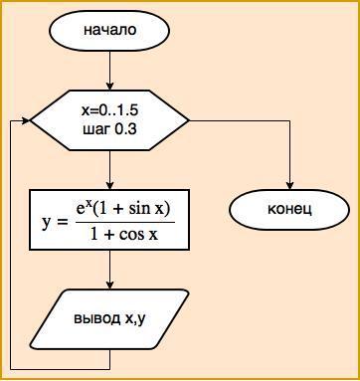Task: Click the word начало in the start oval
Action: pos(109,30)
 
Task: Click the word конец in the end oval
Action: pos(289,210)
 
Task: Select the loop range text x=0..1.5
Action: pos(109,110)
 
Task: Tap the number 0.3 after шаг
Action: pos(125,129)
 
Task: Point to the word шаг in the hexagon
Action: pos(96,130)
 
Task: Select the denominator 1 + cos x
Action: pos(124,235)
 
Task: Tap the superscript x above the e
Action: pos(90,205)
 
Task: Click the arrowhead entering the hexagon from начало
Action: pos(109,87)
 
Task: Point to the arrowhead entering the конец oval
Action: pos(289,186)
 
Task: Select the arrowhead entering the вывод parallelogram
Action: pos(109,286)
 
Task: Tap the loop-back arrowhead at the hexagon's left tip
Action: pos(26,120)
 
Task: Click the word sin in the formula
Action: pos(139,210)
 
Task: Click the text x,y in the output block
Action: pos(134,319)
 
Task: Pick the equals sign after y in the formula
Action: pos(63,223)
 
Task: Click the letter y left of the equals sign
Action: pos(47,224)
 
